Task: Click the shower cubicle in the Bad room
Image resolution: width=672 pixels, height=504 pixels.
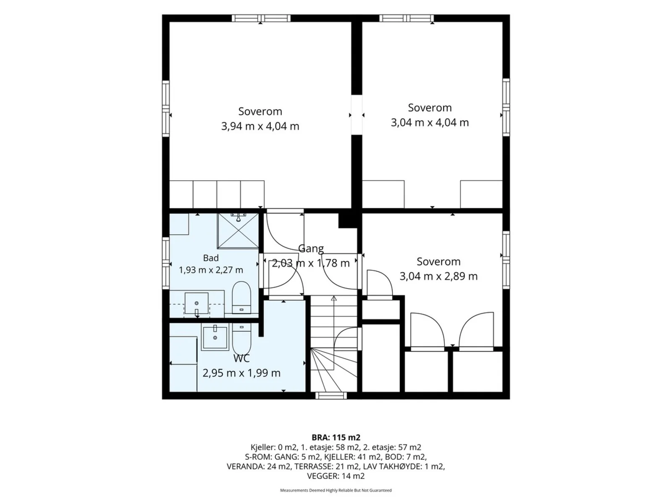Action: [238, 230]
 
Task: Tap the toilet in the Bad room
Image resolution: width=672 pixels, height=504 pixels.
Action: [241, 297]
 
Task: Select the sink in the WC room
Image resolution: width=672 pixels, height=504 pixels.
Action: [215, 337]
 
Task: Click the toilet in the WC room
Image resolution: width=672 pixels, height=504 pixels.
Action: [241, 339]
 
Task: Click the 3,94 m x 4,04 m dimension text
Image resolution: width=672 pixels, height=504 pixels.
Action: [260, 126]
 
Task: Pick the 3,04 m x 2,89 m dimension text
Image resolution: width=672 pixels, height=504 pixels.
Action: [438, 276]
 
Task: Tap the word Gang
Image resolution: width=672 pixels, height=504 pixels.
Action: [311, 249]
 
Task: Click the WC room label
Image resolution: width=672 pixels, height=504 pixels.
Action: [241, 358]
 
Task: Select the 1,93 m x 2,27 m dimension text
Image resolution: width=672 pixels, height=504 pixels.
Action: [211, 270]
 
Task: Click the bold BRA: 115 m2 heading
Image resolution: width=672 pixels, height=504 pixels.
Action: [336, 437]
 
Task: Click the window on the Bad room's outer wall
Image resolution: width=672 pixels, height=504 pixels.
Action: [165, 263]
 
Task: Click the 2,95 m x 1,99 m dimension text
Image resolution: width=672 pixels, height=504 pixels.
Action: [241, 373]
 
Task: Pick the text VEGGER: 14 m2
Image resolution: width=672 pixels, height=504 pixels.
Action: [336, 476]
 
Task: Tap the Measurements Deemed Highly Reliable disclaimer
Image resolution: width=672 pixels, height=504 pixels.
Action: [336, 490]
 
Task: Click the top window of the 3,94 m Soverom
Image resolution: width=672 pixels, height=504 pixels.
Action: [261, 18]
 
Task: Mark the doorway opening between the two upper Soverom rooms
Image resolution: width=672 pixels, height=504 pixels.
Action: [357, 115]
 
